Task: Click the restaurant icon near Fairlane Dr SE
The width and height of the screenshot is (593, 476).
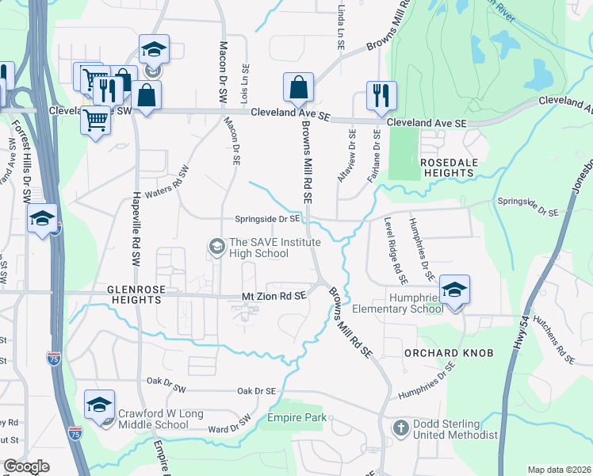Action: pos(381,96)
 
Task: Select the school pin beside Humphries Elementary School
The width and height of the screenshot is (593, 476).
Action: pos(454,290)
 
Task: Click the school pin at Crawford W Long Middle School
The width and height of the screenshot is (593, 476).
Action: pos(100,405)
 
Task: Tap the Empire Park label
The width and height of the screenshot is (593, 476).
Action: pos(295,417)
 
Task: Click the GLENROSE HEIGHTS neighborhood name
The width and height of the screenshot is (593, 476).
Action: pos(145,295)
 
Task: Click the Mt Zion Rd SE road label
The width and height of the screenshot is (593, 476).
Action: pos(274,296)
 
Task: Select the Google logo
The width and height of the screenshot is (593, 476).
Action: pos(26,466)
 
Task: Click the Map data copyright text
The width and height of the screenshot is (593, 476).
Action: pos(559,470)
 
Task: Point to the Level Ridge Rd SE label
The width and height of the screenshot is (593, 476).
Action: pos(395,251)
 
